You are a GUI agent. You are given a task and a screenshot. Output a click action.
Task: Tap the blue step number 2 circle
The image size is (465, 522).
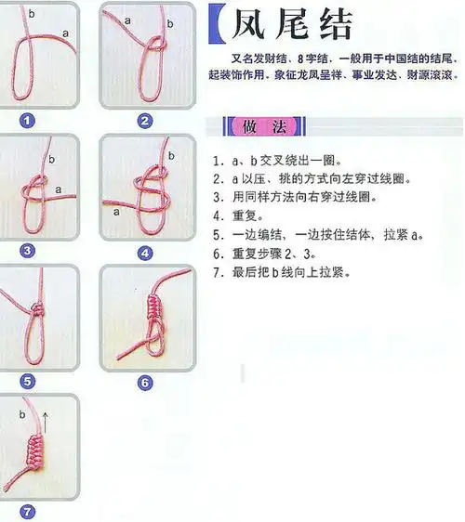click(144, 121)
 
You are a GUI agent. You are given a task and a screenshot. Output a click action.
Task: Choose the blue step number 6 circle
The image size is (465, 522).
click(144, 382)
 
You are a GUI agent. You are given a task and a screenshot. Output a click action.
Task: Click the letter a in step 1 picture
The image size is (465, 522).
click(65, 33)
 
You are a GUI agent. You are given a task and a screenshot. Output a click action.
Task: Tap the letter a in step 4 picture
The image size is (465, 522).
click(117, 211)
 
